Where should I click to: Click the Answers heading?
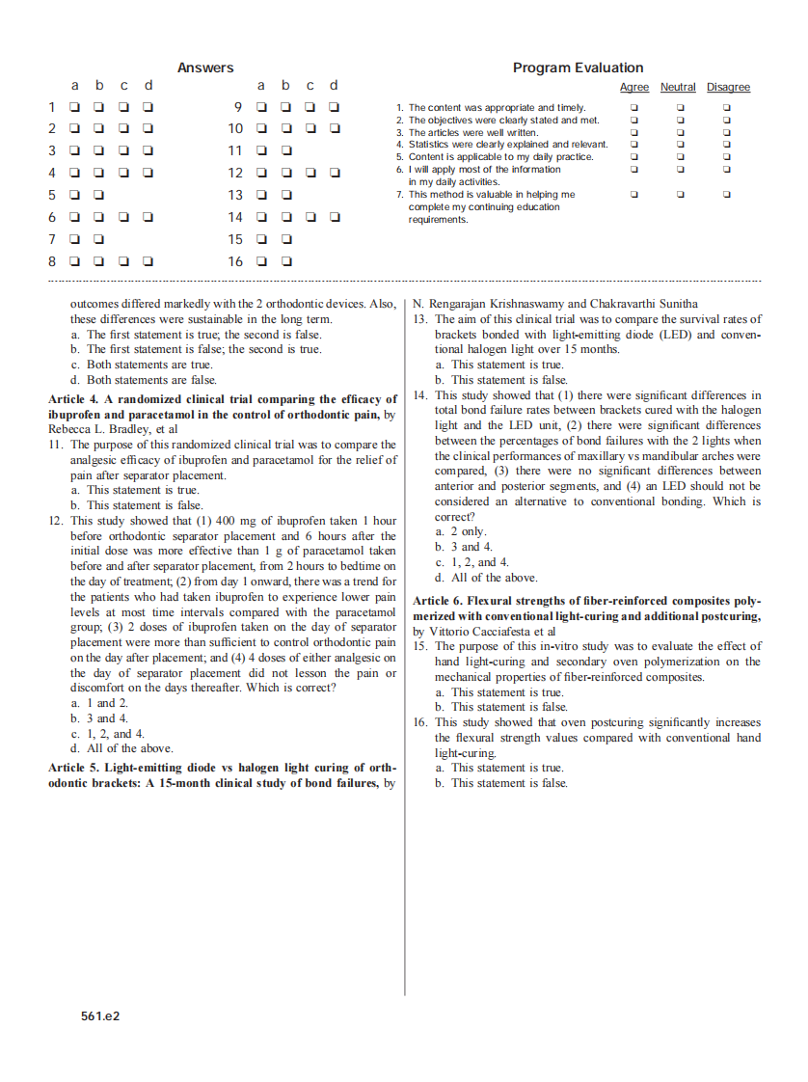[204, 68]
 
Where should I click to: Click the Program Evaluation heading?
[578, 68]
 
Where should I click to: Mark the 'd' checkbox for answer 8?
[148, 260]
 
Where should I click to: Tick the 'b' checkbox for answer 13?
[286, 195]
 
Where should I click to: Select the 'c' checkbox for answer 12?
[310, 174]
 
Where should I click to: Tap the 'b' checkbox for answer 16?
[286, 261]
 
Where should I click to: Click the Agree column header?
[633, 88]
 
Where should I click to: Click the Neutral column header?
[678, 88]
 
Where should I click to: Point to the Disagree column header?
[728, 88]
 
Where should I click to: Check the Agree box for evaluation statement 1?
[633, 107]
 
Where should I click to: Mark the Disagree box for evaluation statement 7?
[727, 194]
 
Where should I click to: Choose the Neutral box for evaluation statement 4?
[680, 145]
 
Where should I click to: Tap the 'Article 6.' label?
[438, 601]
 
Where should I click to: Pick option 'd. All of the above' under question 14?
[486, 578]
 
